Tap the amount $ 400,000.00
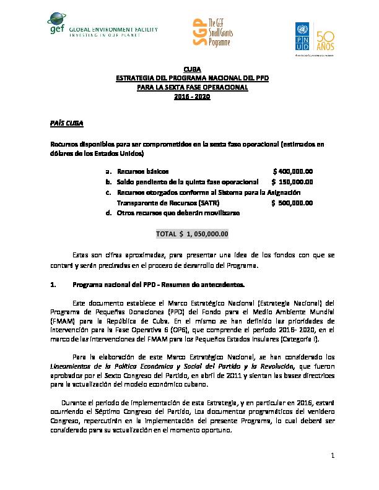[293, 171]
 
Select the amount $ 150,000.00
[292, 181]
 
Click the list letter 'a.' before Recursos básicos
[109, 171]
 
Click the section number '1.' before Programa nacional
[53, 285]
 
